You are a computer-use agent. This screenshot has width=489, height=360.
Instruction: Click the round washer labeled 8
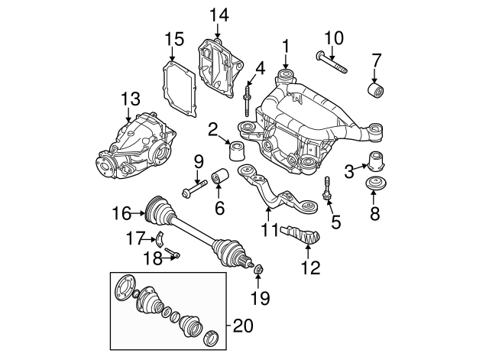pyautogui.click(x=375, y=186)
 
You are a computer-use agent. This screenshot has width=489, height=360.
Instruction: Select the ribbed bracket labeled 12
pyautogui.click(x=303, y=234)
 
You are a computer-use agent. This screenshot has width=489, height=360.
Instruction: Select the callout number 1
pyautogui.click(x=286, y=46)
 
